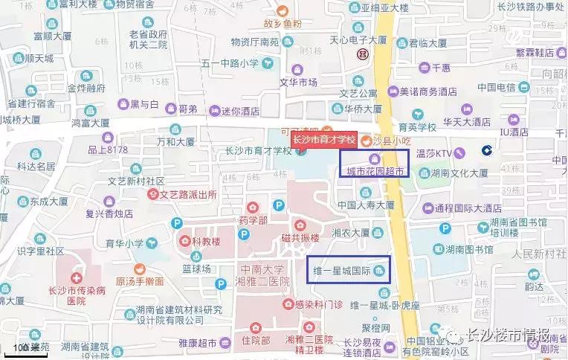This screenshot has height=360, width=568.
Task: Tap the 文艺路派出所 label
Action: (189, 195)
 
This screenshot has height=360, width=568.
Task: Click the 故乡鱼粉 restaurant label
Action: (285, 24)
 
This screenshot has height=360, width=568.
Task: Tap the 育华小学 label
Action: (123, 242)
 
